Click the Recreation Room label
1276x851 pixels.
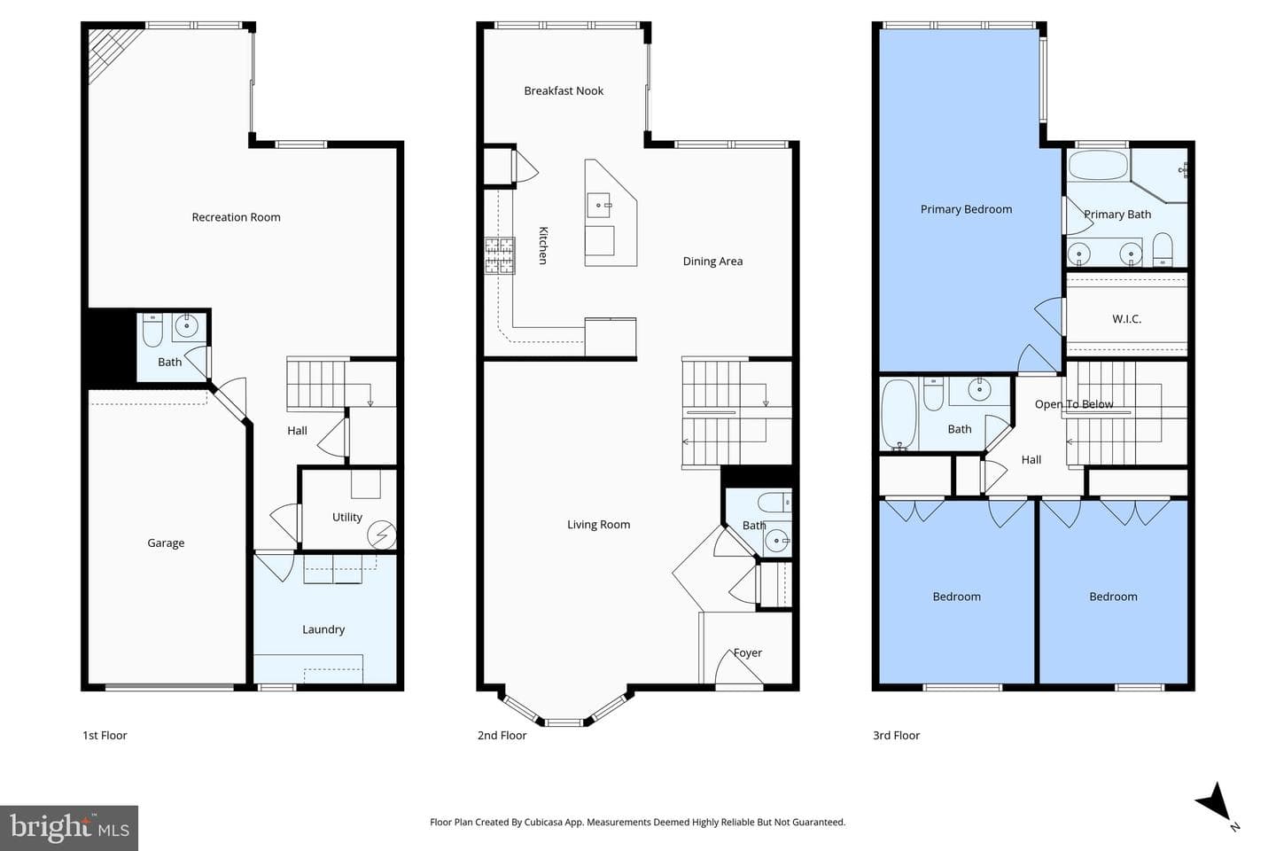pos(236,217)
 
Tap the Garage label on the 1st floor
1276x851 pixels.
pos(166,543)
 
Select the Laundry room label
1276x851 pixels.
pos(323,629)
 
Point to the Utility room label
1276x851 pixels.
pos(347,517)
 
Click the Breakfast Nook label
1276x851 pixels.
pos(564,90)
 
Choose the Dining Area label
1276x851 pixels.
pos(712,261)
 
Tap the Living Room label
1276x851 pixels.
pos(598,525)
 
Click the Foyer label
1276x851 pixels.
pos(747,652)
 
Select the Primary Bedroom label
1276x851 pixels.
pos(966,209)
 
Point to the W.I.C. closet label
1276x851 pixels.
pos(1126,318)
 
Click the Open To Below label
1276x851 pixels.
pos(1074,404)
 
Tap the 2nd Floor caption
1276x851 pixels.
pos(502,735)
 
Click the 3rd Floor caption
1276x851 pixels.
pos(896,735)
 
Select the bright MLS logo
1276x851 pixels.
pos(69,828)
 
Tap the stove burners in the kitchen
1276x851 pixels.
pos(500,255)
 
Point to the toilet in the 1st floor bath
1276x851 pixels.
pos(152,330)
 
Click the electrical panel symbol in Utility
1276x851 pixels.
pos(382,535)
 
